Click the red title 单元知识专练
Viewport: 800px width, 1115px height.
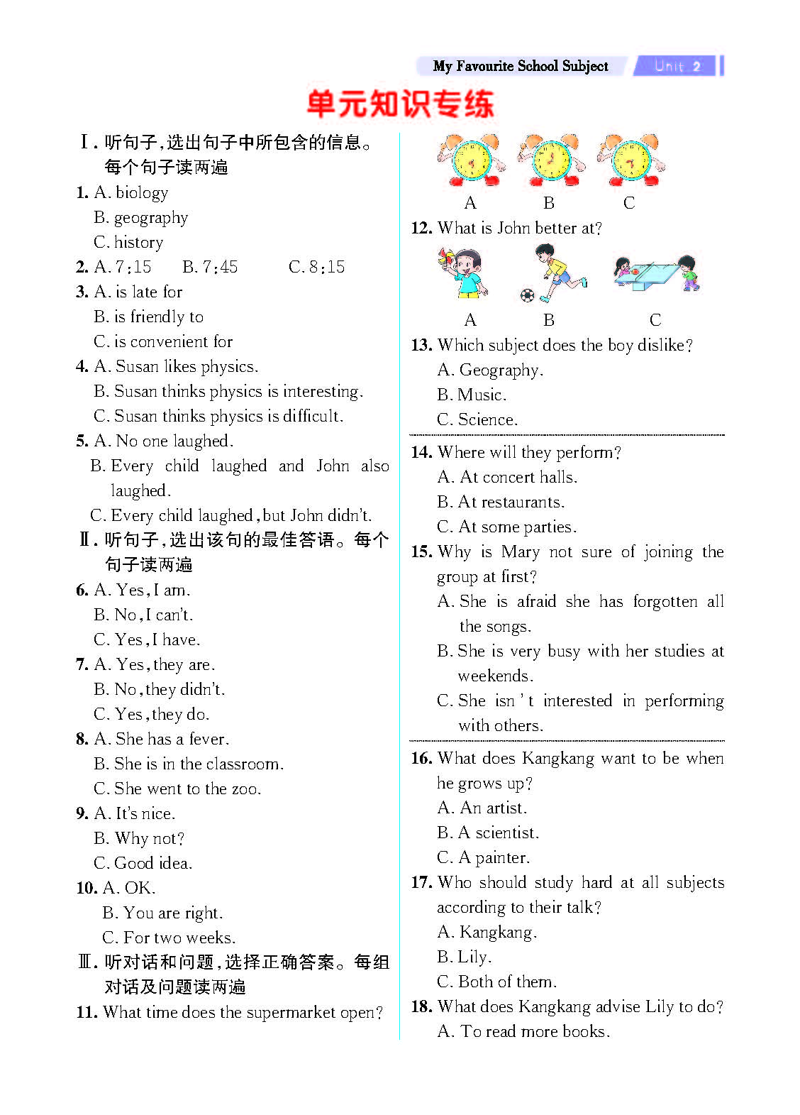click(400, 104)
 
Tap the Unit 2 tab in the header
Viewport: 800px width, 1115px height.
click(677, 66)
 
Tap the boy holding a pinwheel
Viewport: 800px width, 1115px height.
click(464, 273)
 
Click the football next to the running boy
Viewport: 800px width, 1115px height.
click(527, 295)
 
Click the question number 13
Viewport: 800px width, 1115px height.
click(421, 346)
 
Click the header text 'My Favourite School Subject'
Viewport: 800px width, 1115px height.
click(521, 66)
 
